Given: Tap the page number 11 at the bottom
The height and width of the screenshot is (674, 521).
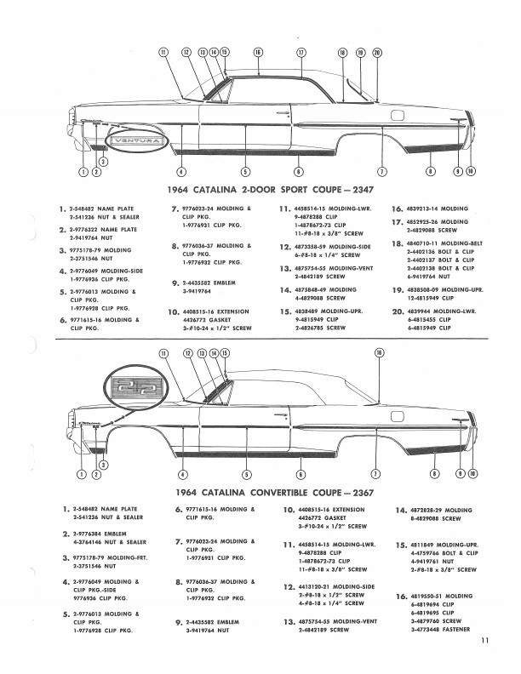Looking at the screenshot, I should [484, 642].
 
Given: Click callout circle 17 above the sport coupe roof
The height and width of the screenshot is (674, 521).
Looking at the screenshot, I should [301, 52].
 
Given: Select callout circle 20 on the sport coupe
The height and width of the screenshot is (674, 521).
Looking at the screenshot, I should [376, 52].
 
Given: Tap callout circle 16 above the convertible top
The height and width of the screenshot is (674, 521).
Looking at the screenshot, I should [378, 352].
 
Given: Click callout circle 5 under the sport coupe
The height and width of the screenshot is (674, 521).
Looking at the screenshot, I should [245, 172].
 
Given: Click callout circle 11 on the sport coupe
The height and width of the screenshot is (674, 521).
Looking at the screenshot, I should [163, 52].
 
